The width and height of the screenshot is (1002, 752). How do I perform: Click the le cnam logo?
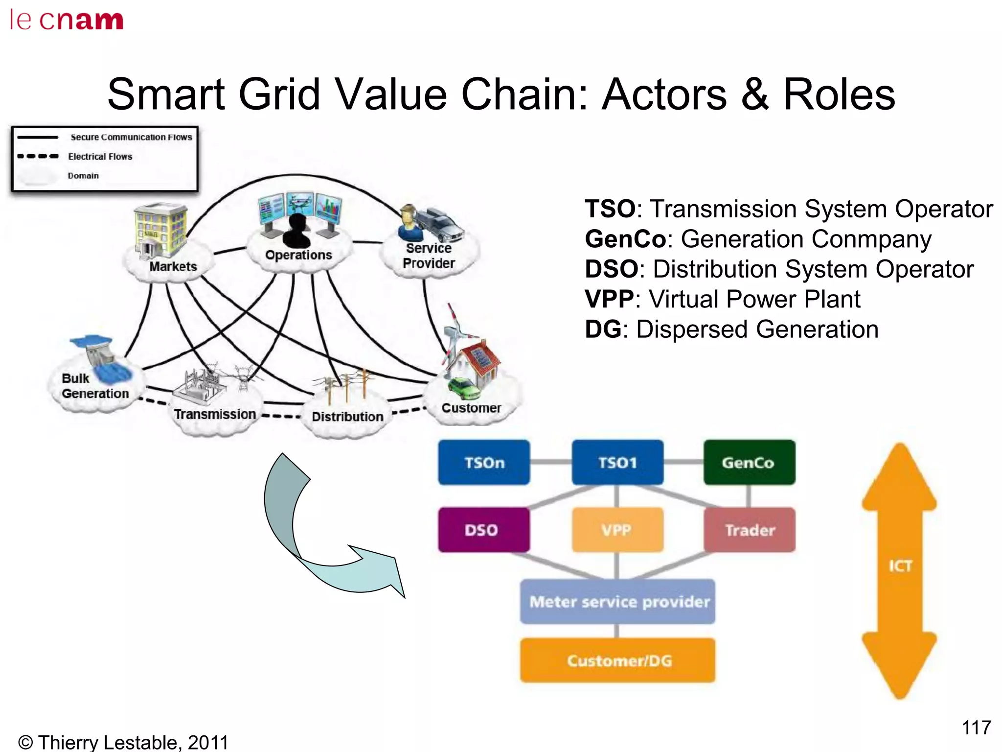[67, 20]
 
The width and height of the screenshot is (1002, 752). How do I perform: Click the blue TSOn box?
[484, 462]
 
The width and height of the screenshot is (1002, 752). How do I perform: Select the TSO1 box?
[617, 462]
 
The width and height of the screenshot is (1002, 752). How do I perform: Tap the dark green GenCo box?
[749, 462]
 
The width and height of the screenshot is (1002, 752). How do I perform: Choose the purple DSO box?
[483, 530]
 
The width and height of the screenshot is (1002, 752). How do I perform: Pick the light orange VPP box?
[617, 530]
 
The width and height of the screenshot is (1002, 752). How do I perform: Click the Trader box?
[749, 530]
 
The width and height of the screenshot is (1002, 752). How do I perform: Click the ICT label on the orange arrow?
[900, 566]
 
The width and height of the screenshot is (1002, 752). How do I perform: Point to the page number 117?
[976, 728]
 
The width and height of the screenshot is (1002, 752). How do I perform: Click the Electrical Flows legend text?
[100, 157]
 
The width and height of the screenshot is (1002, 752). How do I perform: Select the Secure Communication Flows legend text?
[131, 138]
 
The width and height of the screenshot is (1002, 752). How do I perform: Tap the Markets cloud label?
[173, 267]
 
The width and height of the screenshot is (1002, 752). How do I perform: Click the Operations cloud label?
[298, 255]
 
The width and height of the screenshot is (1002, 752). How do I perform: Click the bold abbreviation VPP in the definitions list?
[609, 299]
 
